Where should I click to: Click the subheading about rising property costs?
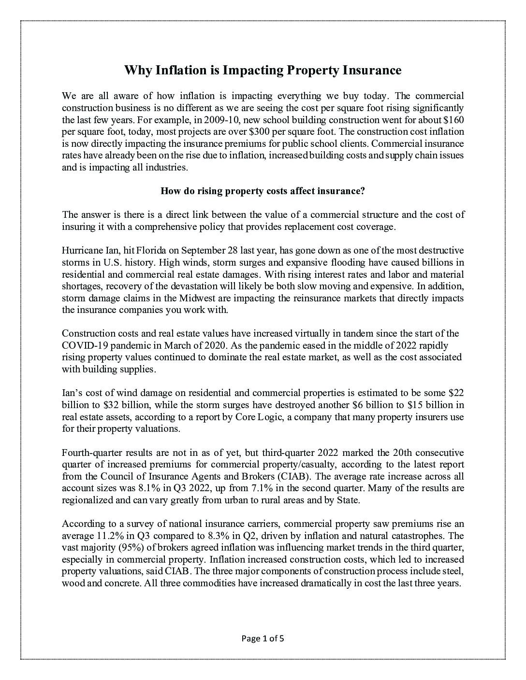point(263,191)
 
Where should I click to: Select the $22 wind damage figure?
point(456,393)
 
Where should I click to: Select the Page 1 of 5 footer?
point(263,639)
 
